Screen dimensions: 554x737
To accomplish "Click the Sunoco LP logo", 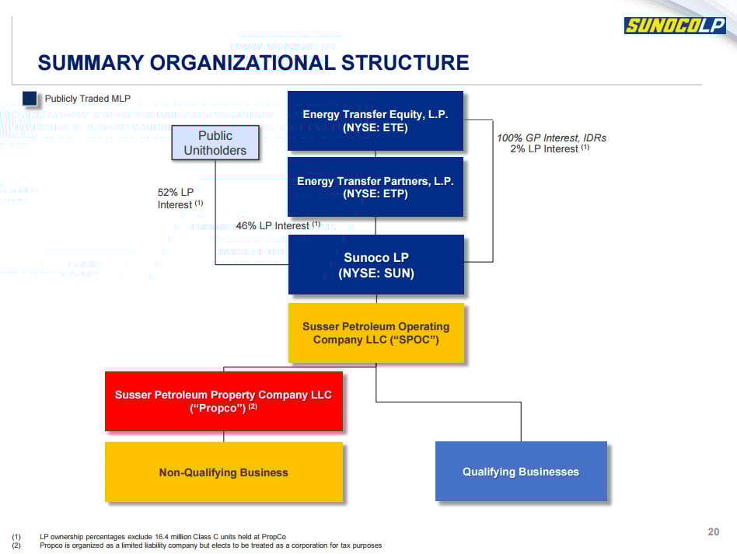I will tap(675, 26).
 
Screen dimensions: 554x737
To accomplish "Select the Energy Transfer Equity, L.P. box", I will tap(375, 120).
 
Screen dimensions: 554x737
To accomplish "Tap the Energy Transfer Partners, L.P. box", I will tap(375, 186).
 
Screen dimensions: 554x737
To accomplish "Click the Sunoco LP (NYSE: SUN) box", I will tap(376, 264).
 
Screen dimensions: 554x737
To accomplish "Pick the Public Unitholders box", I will tap(215, 143).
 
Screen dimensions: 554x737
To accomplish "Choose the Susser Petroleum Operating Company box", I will tap(376, 333).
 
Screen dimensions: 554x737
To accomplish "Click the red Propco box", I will tap(224, 401).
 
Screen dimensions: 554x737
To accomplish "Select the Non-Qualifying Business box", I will tap(224, 472).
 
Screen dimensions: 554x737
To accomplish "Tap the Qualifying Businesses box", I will tap(521, 472).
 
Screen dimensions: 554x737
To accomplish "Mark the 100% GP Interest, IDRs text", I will tap(551, 138).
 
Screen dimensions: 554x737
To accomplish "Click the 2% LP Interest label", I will tap(549, 149).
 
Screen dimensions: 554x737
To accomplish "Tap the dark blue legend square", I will tap(30, 99).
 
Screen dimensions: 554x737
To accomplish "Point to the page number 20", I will tap(714, 532).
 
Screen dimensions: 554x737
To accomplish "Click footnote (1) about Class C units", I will tap(162, 536).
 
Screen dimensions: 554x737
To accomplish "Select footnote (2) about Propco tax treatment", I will tap(210, 545).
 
